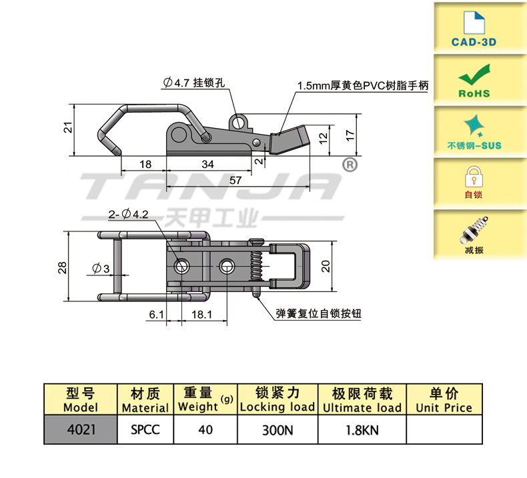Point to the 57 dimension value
click(236, 181)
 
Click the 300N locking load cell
click(277, 429)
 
